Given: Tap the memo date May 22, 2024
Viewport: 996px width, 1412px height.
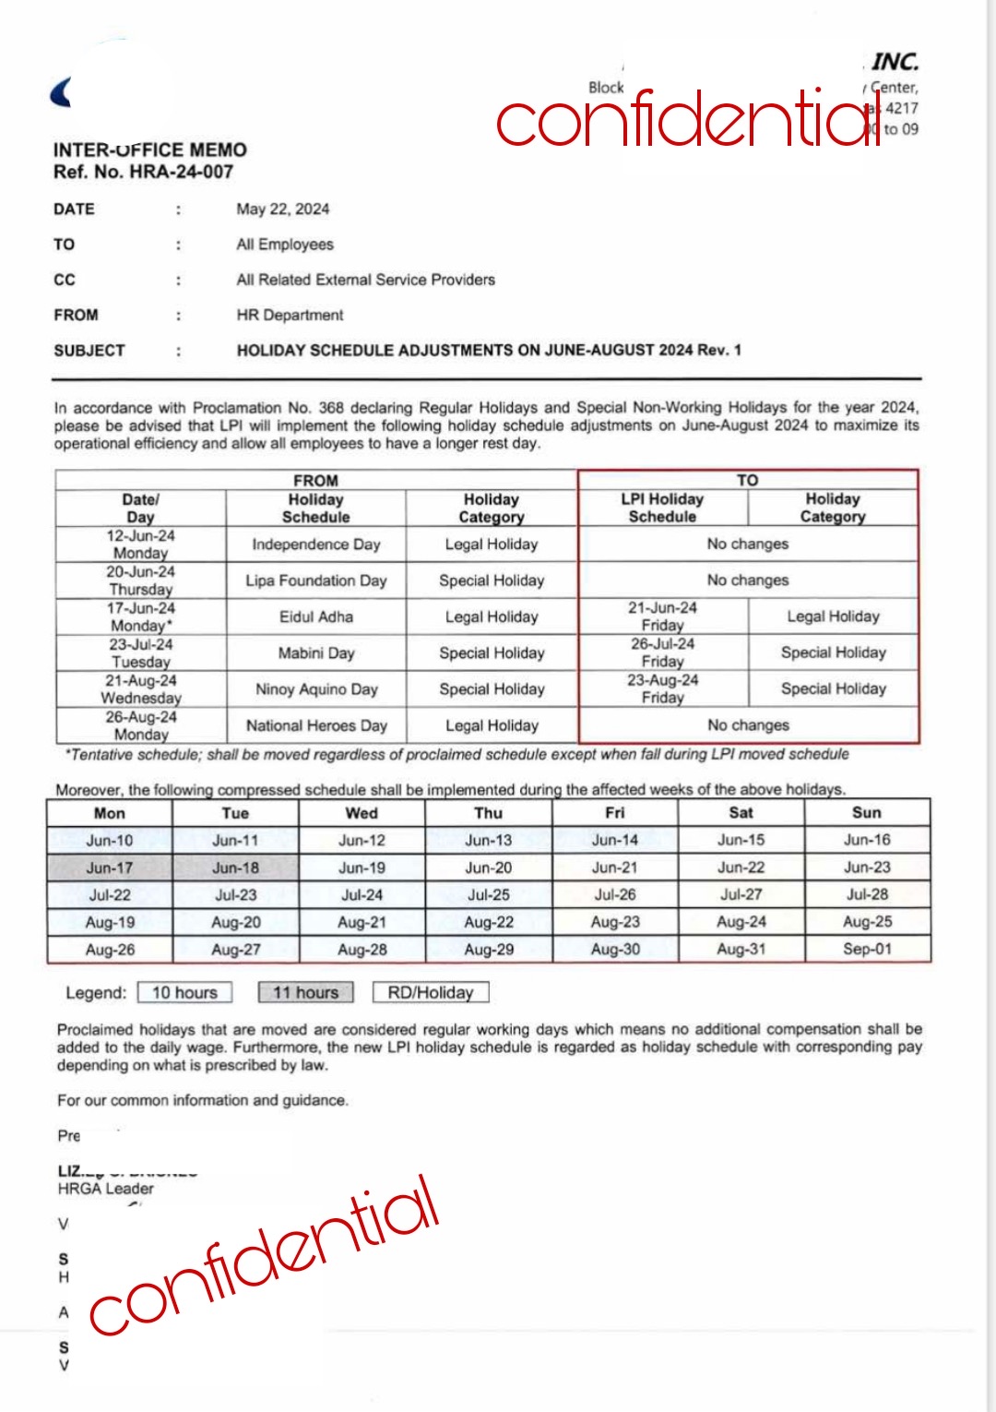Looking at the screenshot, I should click(282, 209).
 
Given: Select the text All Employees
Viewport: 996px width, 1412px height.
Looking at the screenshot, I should click(284, 245).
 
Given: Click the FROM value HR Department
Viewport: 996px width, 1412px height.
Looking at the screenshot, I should click(290, 315).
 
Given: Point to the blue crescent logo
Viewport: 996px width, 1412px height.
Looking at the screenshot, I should click(62, 92).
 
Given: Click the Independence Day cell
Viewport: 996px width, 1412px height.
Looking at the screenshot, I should click(316, 544).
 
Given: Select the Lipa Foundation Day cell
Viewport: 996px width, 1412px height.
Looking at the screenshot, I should click(316, 580).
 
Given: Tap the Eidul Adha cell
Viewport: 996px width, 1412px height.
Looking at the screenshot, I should click(316, 616).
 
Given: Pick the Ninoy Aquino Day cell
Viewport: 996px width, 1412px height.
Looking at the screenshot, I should click(316, 689).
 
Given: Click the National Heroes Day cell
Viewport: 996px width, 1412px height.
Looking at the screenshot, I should click(316, 725).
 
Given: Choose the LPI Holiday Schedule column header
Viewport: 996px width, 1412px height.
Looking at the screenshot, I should click(662, 508).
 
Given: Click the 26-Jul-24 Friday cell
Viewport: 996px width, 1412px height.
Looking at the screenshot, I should click(662, 652).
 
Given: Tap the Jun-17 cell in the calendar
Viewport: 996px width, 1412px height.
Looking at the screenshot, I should click(110, 868).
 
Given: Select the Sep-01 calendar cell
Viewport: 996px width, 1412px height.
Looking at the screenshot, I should click(867, 949).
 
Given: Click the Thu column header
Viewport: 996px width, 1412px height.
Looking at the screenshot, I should click(488, 813).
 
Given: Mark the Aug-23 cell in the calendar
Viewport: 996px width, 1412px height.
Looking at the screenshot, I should click(615, 922).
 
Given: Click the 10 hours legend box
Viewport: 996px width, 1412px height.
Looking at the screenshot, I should click(184, 992).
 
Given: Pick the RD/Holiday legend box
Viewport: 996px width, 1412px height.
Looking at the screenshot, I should click(431, 992).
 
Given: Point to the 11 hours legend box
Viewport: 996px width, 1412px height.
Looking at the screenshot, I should click(306, 992).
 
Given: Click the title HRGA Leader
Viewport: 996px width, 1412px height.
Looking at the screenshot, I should click(105, 1189).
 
